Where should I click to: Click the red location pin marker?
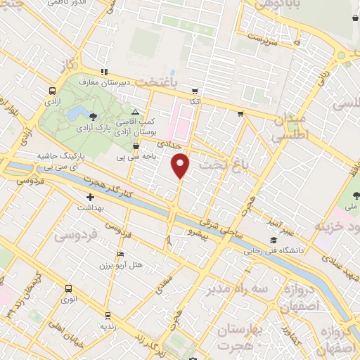[181, 165]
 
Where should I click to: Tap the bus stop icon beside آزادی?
[53, 91]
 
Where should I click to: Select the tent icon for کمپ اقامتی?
[136, 112]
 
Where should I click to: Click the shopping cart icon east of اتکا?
[241, 112]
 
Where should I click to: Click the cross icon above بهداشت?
[90, 198]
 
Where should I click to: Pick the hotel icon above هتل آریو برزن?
[121, 255]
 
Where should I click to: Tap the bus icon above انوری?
[68, 288]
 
